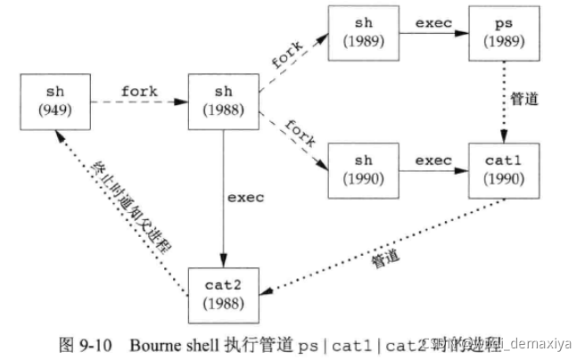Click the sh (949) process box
(54, 103)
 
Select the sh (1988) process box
(222, 103)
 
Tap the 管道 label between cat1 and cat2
(383, 259)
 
